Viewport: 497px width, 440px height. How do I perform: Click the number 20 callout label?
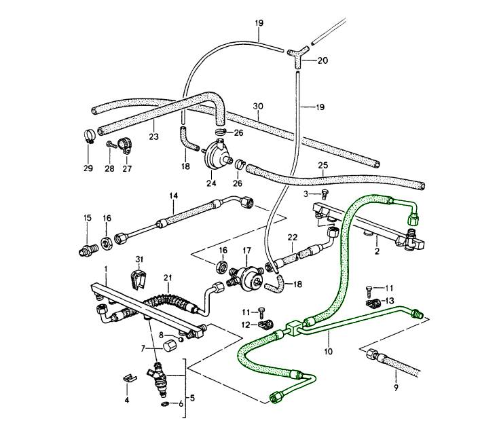[323, 60]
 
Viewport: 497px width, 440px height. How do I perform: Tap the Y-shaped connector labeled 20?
[299, 54]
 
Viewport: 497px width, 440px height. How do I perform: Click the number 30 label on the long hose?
[258, 106]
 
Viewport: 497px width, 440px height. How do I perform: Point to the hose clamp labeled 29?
[88, 136]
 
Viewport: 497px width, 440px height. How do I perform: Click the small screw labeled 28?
[109, 144]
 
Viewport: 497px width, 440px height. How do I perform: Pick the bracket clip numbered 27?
[125, 145]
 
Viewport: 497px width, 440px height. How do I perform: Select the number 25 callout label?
[323, 165]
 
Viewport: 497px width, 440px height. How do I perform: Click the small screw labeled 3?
[324, 194]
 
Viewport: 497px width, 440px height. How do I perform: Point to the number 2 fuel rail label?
[378, 250]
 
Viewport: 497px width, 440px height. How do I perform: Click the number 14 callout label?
[174, 196]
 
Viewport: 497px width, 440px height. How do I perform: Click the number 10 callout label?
[329, 352]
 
